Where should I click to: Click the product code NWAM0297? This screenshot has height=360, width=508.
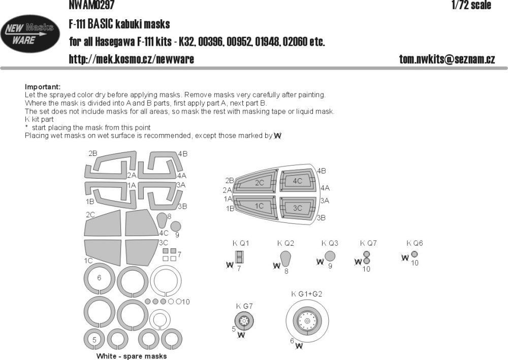90,6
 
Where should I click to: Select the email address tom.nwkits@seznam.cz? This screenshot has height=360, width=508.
447,59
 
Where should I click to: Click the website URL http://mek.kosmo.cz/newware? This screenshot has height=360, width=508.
131,59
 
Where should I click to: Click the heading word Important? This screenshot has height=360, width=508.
42,87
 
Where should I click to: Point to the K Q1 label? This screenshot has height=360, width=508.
240,243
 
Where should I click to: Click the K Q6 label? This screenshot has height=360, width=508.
415,243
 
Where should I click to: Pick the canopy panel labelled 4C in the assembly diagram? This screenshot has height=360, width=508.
297,181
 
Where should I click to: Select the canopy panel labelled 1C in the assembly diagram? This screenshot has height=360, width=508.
259,206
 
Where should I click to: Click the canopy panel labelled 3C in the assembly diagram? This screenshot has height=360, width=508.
297,207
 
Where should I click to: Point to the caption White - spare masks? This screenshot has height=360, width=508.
131,356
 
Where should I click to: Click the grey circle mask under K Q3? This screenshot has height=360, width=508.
330,256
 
